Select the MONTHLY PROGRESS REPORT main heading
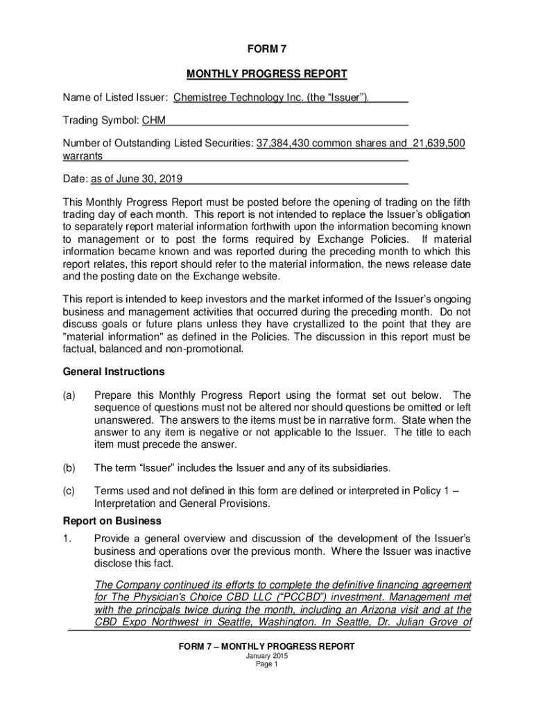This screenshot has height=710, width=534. click(266, 73)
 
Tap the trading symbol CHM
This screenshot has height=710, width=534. click(153, 121)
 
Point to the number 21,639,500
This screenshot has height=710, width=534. click(438, 144)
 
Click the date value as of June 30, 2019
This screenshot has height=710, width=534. click(136, 179)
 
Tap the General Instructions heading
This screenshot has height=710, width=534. click(114, 372)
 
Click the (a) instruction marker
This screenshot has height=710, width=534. click(69, 395)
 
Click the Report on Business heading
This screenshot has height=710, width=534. click(112, 521)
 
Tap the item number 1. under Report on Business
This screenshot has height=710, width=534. click(67, 539)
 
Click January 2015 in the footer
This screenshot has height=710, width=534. click(266, 655)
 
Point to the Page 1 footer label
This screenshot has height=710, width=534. click(266, 664)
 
